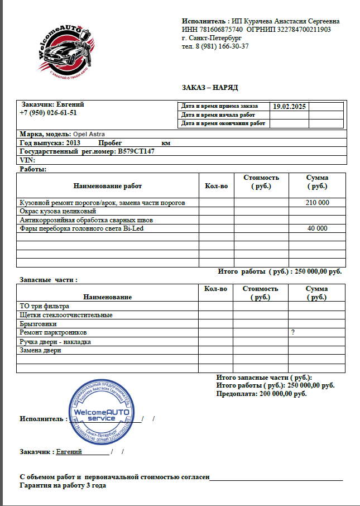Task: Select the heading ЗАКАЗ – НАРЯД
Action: pos(210,88)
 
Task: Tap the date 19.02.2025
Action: pos(289,106)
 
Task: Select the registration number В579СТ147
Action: pos(136,151)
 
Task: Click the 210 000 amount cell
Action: pos(317,203)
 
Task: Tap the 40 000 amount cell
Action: pos(317,228)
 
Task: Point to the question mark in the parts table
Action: pos(292,332)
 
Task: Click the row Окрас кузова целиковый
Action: pos(58,212)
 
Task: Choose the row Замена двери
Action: pos(40,350)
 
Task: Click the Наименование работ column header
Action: pos(107,186)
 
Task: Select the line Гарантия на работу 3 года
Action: pos(63,485)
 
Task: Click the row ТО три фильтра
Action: pos(44,306)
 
